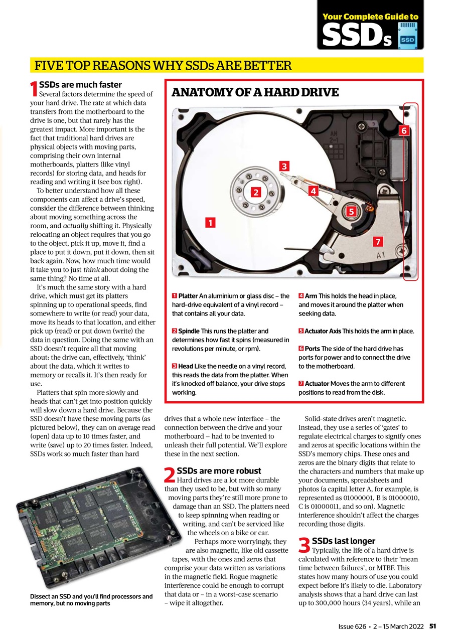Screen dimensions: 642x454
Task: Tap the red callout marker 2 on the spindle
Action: [255, 192]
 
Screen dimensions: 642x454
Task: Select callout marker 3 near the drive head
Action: [284, 166]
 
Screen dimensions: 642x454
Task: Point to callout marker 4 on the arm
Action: [313, 191]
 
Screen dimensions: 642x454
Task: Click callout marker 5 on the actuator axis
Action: [352, 211]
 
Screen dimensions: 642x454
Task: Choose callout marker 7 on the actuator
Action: [379, 242]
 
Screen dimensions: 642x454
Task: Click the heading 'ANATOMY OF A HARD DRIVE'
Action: [255, 92]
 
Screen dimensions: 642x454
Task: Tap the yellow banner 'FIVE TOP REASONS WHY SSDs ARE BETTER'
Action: [163, 65]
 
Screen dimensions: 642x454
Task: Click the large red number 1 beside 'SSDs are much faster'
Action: [34, 89]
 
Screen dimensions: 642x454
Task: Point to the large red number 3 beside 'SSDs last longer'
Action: [304, 546]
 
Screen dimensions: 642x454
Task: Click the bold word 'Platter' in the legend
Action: [188, 296]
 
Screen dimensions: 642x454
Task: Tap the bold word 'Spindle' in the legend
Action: [189, 331]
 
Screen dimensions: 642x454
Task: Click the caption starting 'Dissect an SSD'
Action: [84, 600]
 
